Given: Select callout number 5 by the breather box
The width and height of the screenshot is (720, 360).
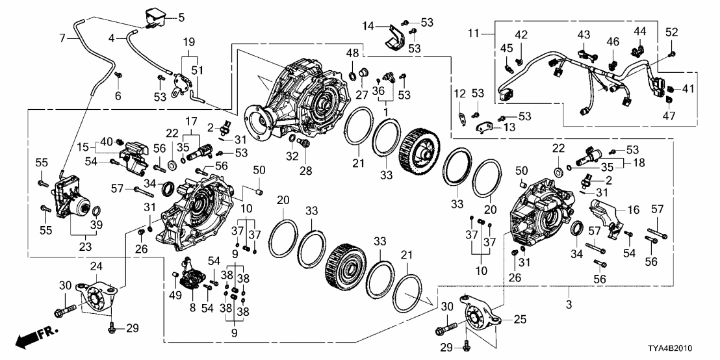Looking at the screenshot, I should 181,17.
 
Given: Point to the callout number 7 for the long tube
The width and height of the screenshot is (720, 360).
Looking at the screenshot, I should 63,38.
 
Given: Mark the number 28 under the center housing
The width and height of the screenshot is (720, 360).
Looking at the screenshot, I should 303,170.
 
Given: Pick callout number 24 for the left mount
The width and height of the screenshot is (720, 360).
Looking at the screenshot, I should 96,266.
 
